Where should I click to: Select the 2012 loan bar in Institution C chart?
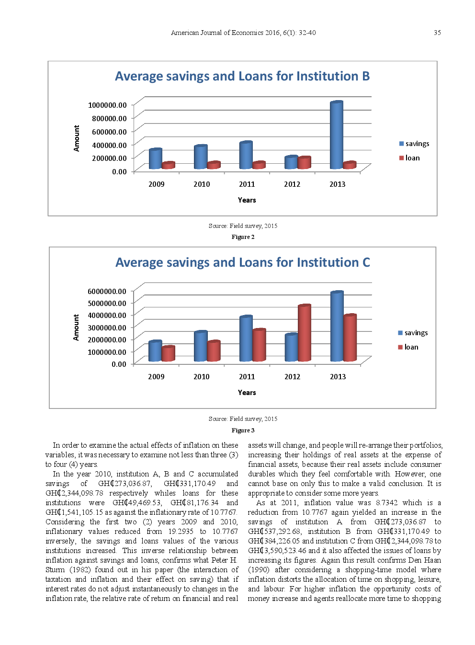304,333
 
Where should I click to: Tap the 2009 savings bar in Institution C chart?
155,351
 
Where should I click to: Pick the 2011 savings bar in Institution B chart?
246,156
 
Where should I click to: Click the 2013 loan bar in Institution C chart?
350,338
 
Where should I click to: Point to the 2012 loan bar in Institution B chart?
304,163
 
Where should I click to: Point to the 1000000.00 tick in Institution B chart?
107,105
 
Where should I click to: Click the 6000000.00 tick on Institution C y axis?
107,291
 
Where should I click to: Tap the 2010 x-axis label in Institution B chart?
202,184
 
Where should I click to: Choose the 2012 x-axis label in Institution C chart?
292,377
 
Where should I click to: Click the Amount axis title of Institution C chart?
76,328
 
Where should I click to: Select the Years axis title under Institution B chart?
247,200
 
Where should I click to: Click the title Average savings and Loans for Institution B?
242,77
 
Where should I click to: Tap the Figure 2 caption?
243,237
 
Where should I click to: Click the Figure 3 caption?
243,430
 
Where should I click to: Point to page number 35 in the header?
437,33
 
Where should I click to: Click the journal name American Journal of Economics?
217,33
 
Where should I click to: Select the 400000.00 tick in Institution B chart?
109,145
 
